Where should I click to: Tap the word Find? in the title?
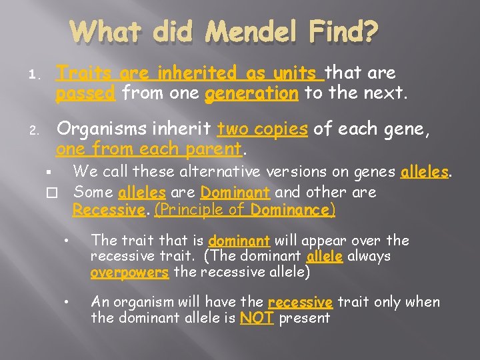(347, 31)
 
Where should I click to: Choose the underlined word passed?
(85, 93)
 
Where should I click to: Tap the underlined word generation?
(252, 93)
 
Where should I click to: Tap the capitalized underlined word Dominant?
(235, 193)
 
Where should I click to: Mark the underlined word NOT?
(257, 317)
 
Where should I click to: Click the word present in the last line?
(305, 317)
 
